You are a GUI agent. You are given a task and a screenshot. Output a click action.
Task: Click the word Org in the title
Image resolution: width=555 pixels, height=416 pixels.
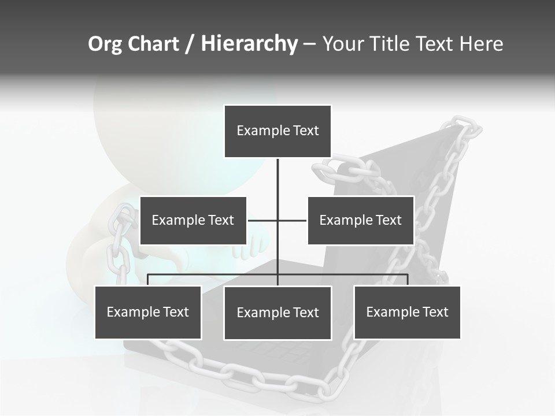tap(105, 44)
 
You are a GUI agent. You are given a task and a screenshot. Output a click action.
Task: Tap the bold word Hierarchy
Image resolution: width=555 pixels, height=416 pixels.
tap(249, 44)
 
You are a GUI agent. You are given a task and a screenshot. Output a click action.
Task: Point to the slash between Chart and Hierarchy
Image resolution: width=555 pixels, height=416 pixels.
tap(190, 44)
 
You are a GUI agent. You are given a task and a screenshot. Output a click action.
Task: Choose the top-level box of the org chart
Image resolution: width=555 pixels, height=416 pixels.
tap(277, 131)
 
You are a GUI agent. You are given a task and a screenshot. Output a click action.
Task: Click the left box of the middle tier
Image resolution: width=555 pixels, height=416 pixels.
tap(193, 220)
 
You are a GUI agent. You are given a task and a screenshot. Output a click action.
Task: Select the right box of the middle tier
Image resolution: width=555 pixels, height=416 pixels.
tap(360, 220)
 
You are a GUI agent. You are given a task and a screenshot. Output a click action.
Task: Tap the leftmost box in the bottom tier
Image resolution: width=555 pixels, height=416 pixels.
tap(148, 312)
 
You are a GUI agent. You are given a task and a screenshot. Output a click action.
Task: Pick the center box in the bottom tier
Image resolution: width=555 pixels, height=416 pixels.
tap(277, 313)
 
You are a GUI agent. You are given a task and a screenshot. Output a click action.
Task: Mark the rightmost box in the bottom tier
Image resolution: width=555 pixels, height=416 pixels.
tap(407, 312)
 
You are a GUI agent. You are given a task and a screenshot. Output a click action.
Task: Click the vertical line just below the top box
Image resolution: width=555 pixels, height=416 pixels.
tap(277, 173)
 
